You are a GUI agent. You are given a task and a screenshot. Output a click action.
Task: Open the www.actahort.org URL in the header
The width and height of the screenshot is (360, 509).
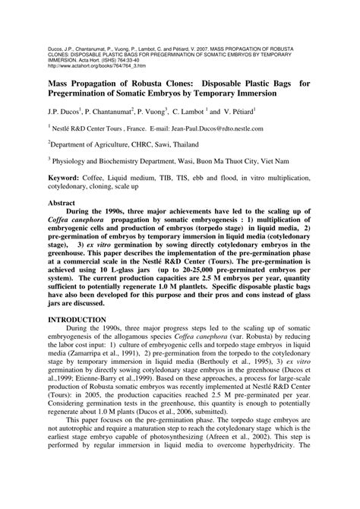(87, 45)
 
